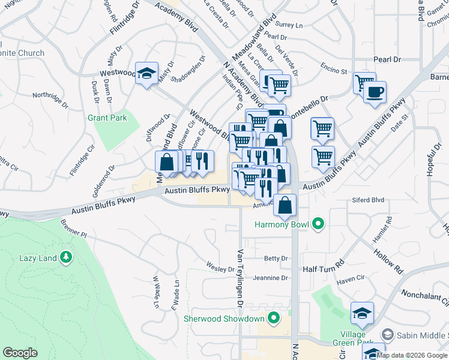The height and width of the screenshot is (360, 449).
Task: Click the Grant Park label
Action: pyautogui.click(x=107, y=118)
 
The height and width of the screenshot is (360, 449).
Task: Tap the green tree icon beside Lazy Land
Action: pyautogui.click(x=66, y=258)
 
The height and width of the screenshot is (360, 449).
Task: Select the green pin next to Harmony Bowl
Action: pyautogui.click(x=318, y=225)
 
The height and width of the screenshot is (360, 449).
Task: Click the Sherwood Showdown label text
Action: pyautogui.click(x=234, y=318)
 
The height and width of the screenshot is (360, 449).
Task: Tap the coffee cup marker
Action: pyautogui.click(x=375, y=92)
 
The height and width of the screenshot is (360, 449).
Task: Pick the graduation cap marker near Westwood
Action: pyautogui.click(x=146, y=74)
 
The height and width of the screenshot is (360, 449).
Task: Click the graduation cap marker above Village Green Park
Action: pyautogui.click(x=362, y=313)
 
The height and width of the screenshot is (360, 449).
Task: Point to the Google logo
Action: pyautogui.click(x=20, y=353)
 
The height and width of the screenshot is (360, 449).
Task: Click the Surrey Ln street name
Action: pyautogui.click(x=289, y=25)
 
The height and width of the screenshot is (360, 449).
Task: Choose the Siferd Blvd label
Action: pyautogui.click(x=369, y=200)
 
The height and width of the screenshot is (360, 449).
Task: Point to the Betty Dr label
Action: pyautogui.click(x=276, y=259)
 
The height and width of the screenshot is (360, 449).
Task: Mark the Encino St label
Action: pyautogui.click(x=334, y=67)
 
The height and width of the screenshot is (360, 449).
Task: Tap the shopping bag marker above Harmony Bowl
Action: pyautogui.click(x=285, y=205)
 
